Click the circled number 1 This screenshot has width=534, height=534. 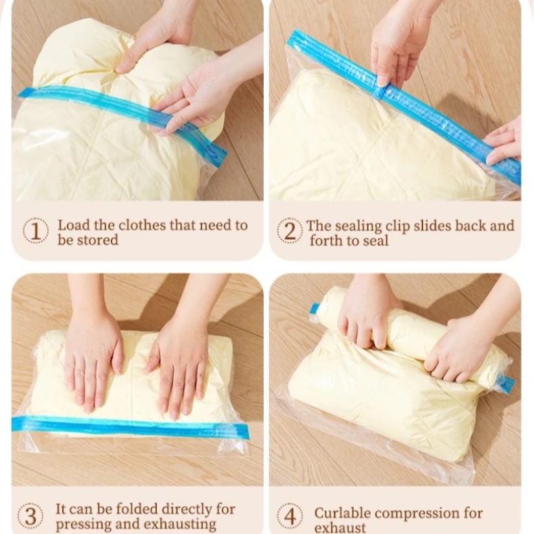click(36, 231)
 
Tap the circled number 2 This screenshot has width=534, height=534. click(290, 231)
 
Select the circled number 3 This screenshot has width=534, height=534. click(30, 517)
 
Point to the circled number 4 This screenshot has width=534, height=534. click(290, 517)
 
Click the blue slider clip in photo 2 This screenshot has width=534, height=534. click(383, 92)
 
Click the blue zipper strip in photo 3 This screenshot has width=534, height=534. click(130, 426)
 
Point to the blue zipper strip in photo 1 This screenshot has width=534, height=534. click(122, 116)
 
